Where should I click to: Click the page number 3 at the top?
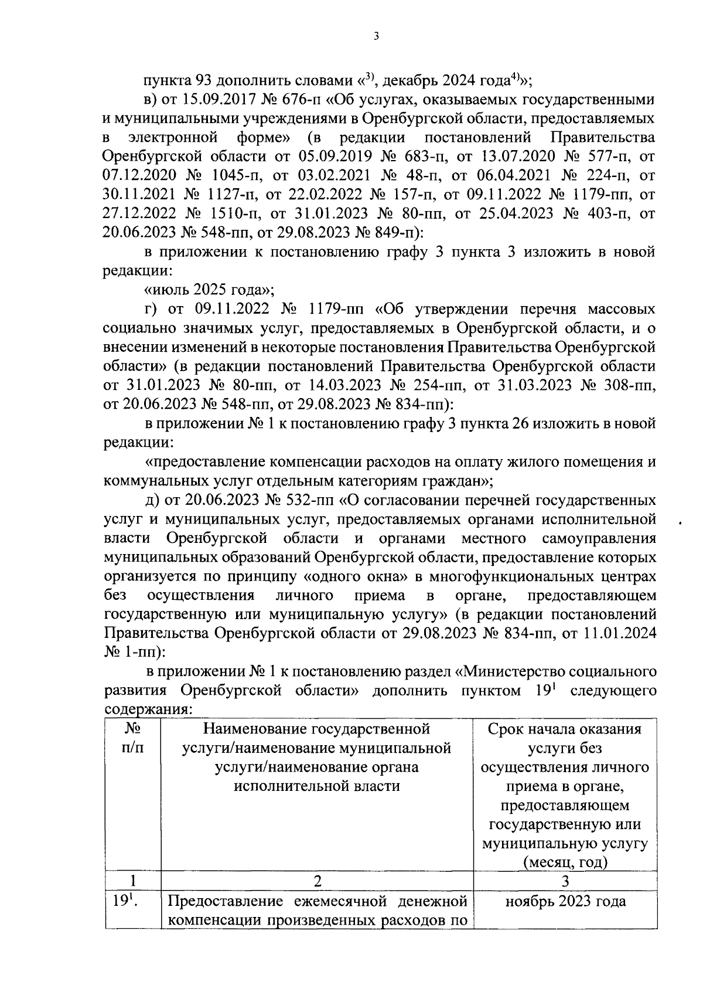click(376, 37)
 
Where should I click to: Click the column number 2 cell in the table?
click(317, 881)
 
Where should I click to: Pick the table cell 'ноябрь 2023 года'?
click(565, 901)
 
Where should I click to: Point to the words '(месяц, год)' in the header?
click(565, 862)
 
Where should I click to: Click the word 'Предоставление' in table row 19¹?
click(220, 901)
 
